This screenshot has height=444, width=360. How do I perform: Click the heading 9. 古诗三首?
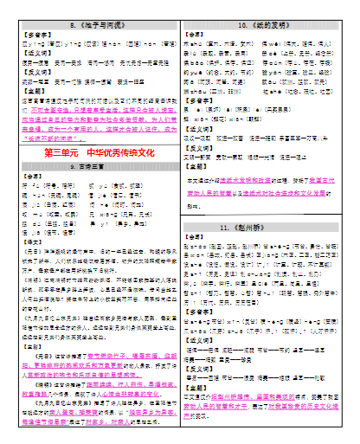(93, 167)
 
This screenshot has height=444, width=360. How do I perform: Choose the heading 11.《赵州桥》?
(267, 227)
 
